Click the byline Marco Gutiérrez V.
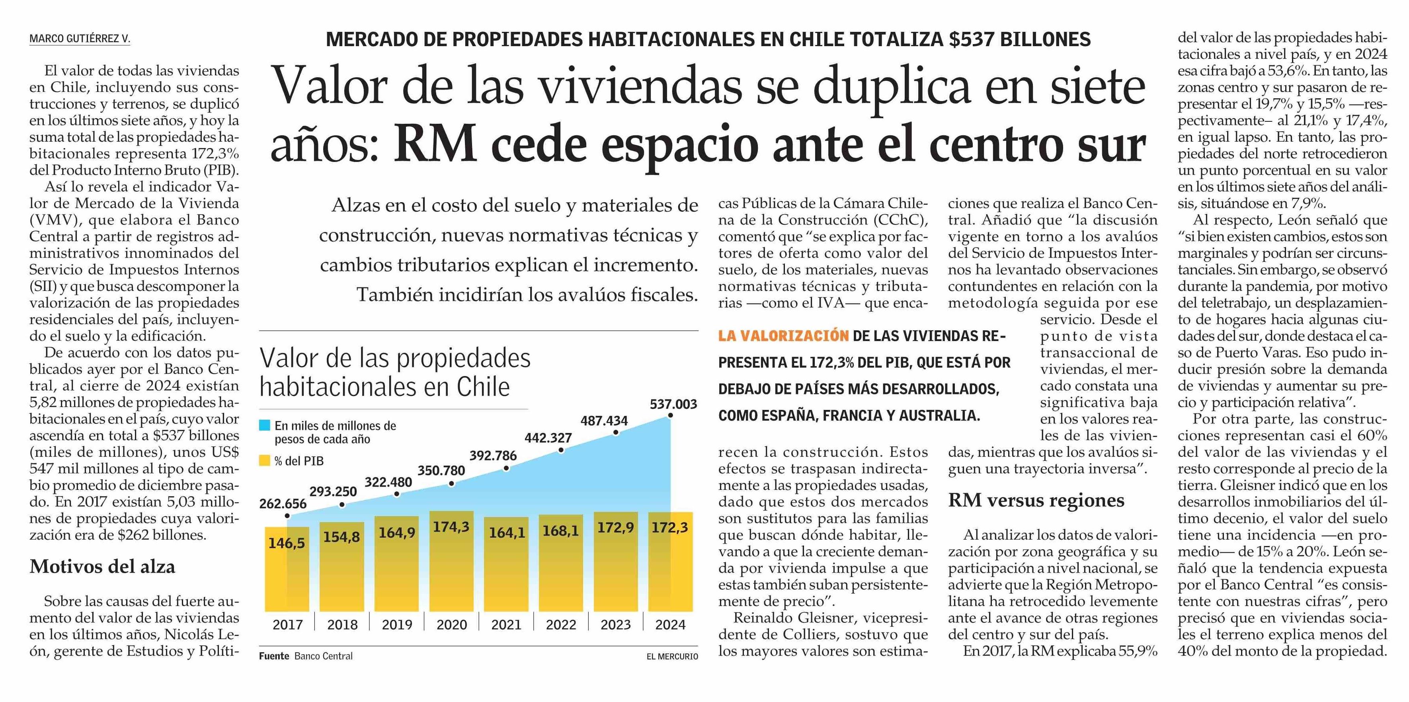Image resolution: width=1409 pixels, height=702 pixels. coord(80,39)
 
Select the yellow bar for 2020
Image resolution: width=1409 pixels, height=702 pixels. coord(451,561)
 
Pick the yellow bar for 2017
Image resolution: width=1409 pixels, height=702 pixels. coord(287,569)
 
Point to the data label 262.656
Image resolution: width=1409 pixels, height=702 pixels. coord(283,503)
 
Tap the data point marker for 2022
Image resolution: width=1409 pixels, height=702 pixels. coord(561,450)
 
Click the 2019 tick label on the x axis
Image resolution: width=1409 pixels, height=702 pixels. coord(397,624)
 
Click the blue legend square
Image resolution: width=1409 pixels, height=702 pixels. coord(265,425)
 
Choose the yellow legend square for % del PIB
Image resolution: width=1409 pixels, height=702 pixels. coord(265,461)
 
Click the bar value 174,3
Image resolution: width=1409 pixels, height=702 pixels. coord(451,526)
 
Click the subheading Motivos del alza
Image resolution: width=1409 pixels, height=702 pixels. coord(102,566)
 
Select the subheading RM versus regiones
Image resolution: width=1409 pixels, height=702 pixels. coord(1036,500)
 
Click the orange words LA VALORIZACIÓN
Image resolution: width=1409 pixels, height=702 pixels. coord(783,336)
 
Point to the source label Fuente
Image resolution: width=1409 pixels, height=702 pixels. coord(274,656)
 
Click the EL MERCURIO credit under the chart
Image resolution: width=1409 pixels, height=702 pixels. coord(672,657)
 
